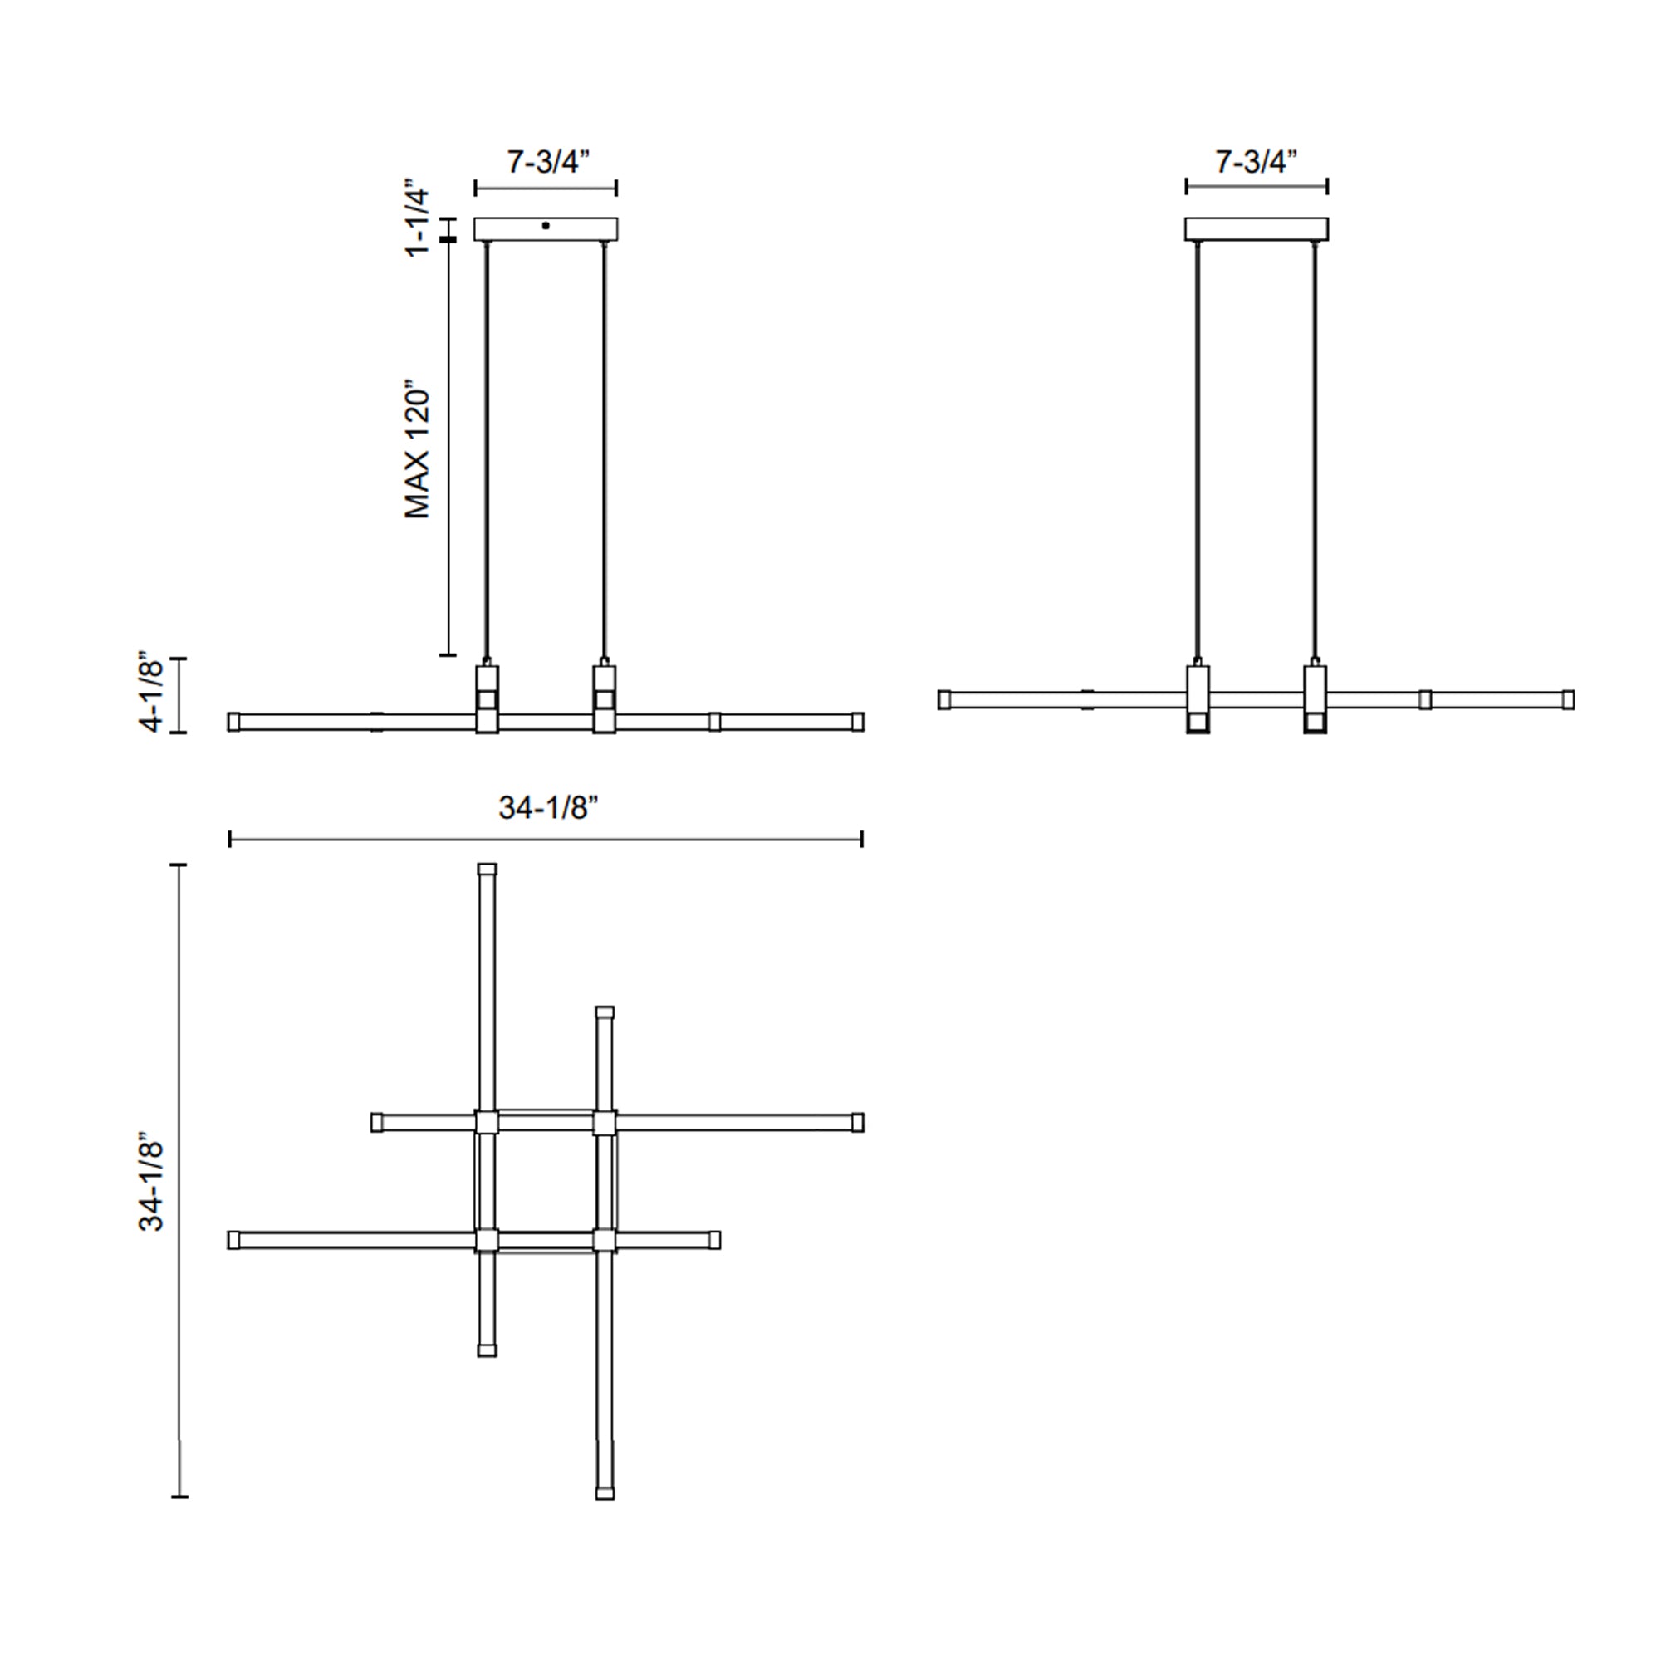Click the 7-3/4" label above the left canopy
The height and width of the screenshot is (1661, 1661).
tap(547, 162)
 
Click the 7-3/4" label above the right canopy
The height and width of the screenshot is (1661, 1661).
tap(1255, 162)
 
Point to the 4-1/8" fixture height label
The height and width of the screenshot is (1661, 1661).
tap(151, 694)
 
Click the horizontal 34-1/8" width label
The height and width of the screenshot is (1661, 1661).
tap(547, 808)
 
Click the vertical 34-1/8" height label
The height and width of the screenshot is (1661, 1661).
tap(151, 1186)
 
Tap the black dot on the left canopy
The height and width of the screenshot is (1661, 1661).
tap(546, 226)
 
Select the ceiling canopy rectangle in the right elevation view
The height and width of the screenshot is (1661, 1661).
tap(1256, 228)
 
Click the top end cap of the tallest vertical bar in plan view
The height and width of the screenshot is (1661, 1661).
tap(487, 870)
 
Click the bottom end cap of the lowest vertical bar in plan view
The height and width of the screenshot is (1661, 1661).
tap(605, 1494)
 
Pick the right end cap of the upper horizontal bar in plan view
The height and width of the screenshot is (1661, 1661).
tap(857, 1122)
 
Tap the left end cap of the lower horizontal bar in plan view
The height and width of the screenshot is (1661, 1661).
tap(234, 1240)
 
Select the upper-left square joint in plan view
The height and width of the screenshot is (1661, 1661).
tap(487, 1122)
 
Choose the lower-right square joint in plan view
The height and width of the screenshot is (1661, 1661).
tap(605, 1240)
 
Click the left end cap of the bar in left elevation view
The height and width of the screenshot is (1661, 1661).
tap(234, 722)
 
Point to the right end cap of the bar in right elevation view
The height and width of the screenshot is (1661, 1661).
tap(1567, 700)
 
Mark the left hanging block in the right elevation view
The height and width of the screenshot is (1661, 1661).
tap(1198, 698)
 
